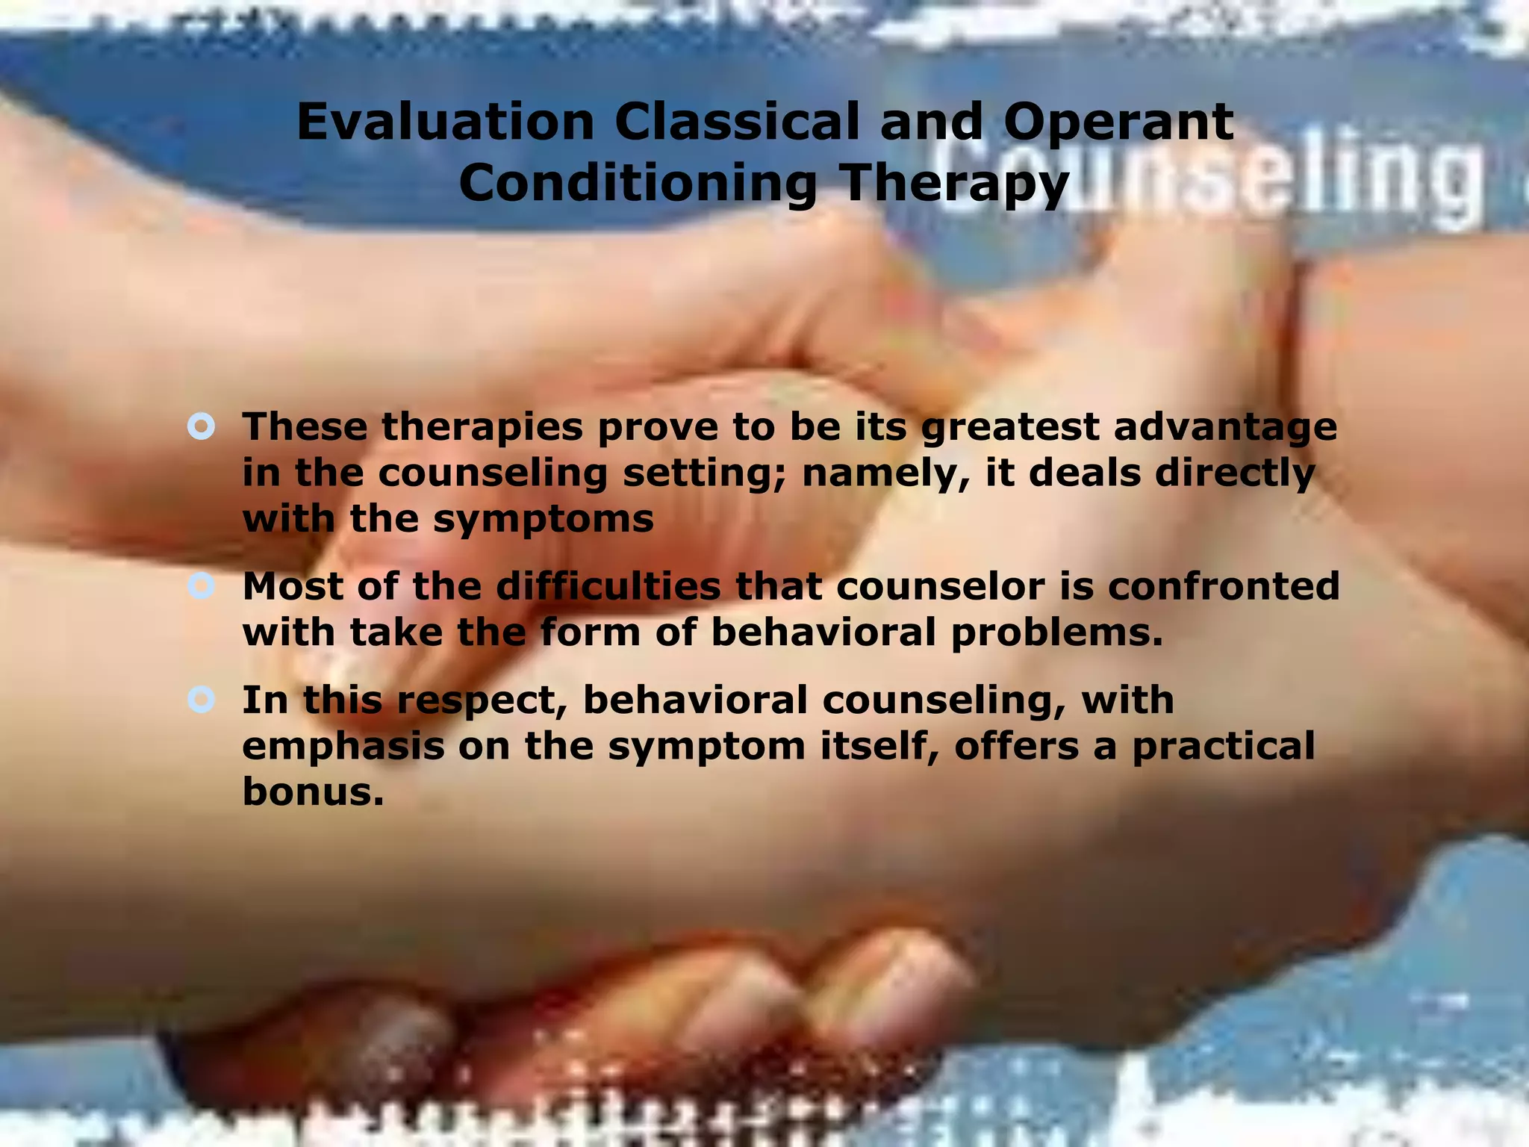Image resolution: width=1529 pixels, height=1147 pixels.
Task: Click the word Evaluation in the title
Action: click(445, 122)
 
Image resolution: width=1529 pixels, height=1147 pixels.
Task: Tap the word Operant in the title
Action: click(1118, 122)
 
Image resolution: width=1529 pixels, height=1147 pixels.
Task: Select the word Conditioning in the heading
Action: click(638, 184)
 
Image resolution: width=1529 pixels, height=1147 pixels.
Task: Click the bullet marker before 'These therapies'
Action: click(202, 427)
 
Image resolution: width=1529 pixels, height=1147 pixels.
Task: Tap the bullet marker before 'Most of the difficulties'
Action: click(202, 586)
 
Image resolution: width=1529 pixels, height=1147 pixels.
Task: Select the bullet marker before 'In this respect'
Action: click(202, 700)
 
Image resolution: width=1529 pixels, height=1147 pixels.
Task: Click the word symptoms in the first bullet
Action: click(543, 518)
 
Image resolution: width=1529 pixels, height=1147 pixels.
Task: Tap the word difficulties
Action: click(608, 586)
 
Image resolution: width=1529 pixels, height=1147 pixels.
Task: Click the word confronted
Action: click(1224, 586)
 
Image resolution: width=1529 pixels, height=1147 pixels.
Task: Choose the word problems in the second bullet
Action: click(1056, 633)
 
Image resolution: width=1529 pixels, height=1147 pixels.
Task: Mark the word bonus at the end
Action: click(313, 791)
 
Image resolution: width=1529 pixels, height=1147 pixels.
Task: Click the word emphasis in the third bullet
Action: click(343, 746)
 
